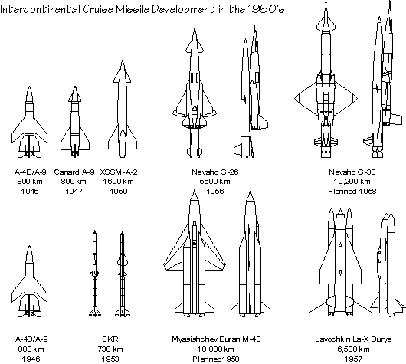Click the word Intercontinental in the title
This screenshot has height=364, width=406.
40,10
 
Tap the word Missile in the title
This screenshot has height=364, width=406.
133,10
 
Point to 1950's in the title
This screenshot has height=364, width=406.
266,9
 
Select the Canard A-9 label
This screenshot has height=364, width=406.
74,172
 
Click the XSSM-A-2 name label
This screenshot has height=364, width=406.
119,172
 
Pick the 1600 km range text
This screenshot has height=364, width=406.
118,182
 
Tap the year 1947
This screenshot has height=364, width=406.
74,192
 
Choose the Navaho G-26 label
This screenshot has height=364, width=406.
215,172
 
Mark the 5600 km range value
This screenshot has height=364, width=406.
215,182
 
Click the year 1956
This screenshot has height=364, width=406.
215,192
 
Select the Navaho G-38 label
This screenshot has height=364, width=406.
352,172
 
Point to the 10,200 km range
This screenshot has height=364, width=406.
352,182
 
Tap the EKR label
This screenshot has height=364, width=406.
110,339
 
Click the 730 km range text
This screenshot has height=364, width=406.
110,349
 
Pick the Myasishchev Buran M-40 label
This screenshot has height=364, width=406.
216,339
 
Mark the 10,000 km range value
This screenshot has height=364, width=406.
216,349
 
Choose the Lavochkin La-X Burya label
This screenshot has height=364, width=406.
353,339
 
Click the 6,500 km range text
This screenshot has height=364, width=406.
353,349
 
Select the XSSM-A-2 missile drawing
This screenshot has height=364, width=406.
123,109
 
